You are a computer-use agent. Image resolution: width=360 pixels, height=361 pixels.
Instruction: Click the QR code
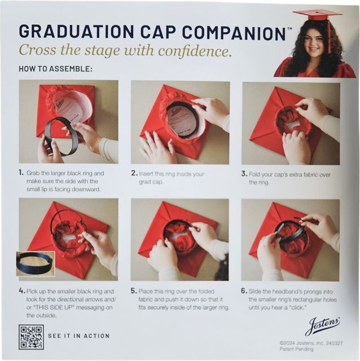[30, 337]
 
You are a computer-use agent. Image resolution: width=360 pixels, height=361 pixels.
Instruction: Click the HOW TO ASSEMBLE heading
[55, 70]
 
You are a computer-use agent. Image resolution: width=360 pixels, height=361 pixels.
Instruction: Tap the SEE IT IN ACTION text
[78, 336]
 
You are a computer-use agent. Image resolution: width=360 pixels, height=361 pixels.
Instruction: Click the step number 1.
[21, 173]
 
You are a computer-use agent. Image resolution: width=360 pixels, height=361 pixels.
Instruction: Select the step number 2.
[134, 173]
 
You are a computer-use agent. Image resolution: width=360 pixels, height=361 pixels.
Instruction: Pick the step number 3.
[244, 174]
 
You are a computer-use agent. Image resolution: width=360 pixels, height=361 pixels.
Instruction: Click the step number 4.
[21, 292]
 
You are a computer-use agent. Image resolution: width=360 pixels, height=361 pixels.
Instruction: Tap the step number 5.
[134, 292]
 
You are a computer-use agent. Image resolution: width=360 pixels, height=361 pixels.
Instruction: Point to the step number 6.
[244, 292]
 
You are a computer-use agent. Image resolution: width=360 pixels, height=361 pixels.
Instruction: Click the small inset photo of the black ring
[35, 263]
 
